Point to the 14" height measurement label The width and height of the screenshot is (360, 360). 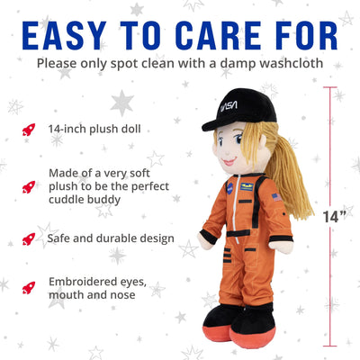[x=334, y=215]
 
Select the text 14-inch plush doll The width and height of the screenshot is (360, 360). [x=95, y=130]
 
